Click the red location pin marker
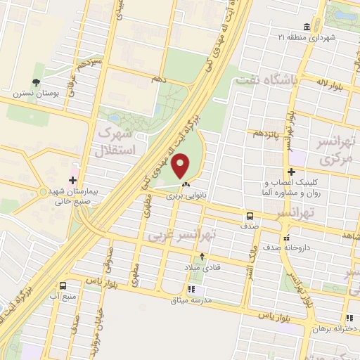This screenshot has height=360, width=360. (x=181, y=167)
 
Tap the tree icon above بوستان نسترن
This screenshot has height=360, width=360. (x=36, y=70)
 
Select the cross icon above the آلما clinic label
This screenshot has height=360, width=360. (x=291, y=172)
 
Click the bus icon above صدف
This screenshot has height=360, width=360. (x=250, y=217)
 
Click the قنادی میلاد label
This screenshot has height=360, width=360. (x=202, y=269)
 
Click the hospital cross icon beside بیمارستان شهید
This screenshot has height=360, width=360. (x=73, y=179)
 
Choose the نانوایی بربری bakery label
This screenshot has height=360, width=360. (x=185, y=197)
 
